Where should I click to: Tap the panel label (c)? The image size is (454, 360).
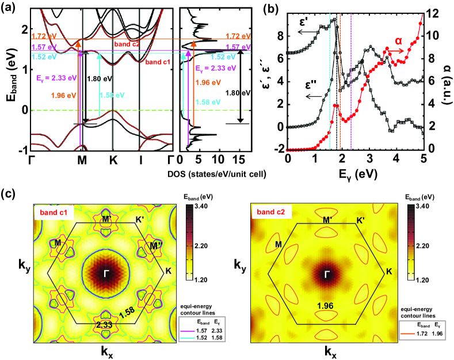point(10,190)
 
